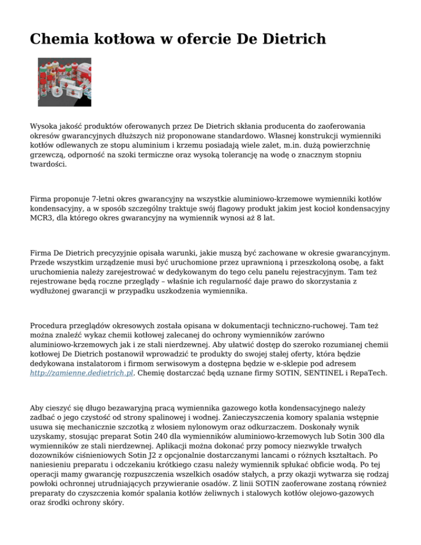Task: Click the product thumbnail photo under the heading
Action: click(x=64, y=82)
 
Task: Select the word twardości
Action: click(x=48, y=164)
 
